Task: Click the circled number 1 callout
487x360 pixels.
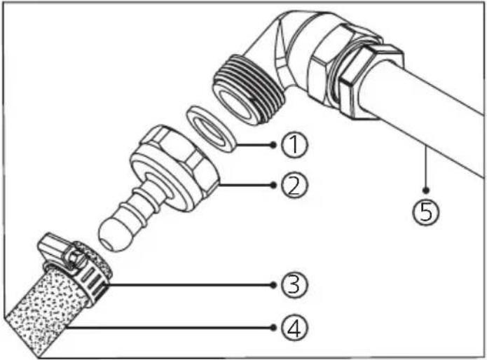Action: click(294, 144)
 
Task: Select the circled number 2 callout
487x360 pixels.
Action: click(294, 185)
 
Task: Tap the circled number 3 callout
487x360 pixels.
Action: click(294, 285)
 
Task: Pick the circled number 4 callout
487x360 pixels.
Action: click(294, 327)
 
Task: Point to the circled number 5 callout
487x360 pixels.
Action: click(426, 212)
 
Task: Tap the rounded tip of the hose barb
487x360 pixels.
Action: click(110, 236)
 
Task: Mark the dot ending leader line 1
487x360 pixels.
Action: click(273, 144)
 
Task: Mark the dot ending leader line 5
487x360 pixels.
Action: click(426, 190)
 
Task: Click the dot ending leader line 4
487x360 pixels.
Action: click(273, 327)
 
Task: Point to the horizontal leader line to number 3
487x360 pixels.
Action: click(189, 285)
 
